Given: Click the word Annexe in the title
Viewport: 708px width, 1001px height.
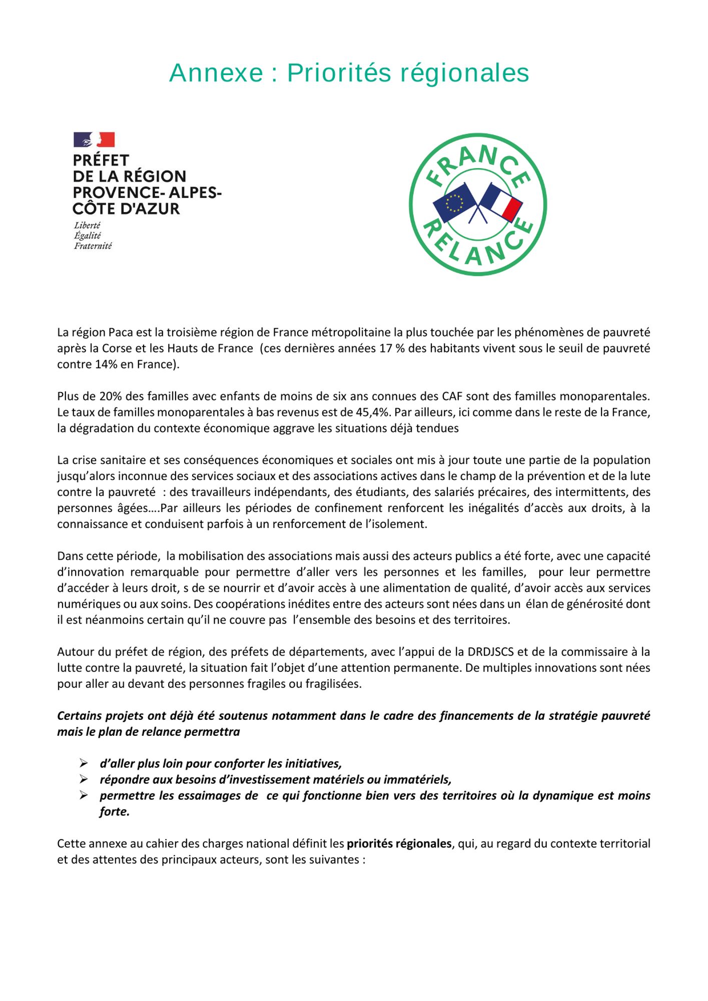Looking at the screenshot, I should point(216,73).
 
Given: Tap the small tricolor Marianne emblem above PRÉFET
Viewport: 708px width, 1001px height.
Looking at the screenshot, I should point(94,140).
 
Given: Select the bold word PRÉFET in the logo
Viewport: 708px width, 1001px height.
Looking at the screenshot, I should point(101,160).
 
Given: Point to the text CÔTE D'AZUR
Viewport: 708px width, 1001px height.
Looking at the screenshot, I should point(126,209).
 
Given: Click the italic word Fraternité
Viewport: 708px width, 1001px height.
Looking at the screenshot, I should point(93,246).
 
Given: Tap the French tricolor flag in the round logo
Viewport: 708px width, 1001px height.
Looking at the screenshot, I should point(502,201).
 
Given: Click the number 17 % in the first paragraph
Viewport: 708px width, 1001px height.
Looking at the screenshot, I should point(392,348).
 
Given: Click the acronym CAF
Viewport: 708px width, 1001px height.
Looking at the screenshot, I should point(452,396).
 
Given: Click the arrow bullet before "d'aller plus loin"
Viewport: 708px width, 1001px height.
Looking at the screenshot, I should point(84,763).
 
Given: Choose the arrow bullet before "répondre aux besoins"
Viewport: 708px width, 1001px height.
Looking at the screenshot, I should point(84,779).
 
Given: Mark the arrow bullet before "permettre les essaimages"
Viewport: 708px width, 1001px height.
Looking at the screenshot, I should point(84,795).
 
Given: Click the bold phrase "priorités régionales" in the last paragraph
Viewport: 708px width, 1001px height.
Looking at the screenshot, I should point(399,843).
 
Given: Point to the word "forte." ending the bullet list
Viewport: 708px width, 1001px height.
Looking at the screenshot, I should point(115,811).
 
